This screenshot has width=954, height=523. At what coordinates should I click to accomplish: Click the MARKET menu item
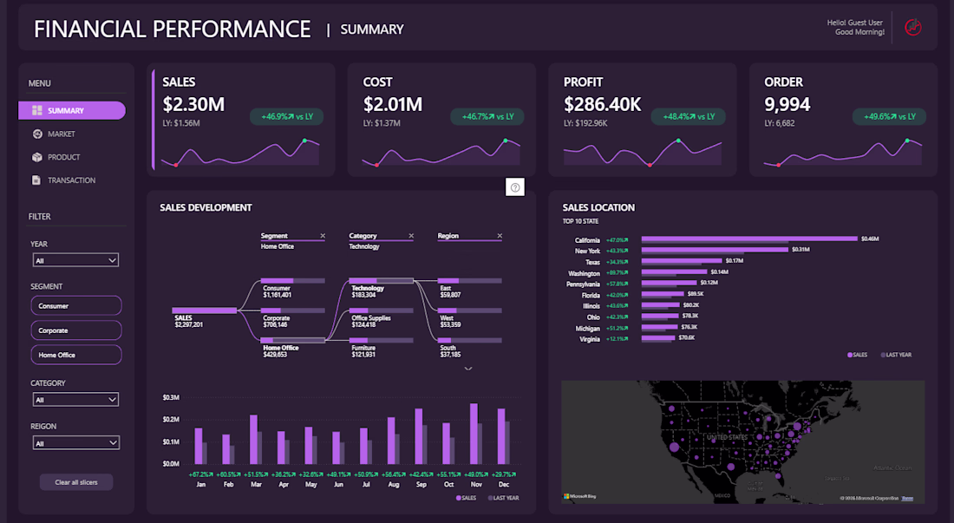click(x=62, y=134)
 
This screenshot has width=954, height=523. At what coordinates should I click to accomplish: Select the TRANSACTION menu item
click(x=71, y=180)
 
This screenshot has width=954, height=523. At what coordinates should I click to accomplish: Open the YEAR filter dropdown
click(x=75, y=260)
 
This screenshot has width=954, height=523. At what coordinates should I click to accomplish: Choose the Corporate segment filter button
click(x=76, y=330)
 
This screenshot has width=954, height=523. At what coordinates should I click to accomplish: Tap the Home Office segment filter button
click(x=76, y=355)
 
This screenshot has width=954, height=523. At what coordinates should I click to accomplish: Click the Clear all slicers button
click(x=76, y=482)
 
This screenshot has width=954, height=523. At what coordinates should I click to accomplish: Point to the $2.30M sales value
click(x=193, y=105)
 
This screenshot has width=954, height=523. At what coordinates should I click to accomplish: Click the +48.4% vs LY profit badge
click(x=689, y=116)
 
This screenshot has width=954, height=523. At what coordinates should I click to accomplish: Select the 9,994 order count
click(x=787, y=105)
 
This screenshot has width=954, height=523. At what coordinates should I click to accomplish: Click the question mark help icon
click(x=515, y=187)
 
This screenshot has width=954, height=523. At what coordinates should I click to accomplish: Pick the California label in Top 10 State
click(x=587, y=240)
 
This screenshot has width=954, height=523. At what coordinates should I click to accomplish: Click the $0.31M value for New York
click(x=800, y=250)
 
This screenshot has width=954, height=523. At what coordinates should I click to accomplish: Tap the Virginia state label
click(x=590, y=339)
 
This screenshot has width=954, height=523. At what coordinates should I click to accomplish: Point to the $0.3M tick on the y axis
click(x=170, y=397)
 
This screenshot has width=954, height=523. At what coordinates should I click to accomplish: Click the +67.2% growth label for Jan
click(x=200, y=474)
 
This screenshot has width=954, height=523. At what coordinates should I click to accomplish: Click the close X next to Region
click(x=500, y=236)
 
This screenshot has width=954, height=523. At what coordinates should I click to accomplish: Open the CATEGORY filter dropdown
click(x=75, y=400)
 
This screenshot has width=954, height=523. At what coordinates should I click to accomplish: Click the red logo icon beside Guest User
click(x=912, y=28)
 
